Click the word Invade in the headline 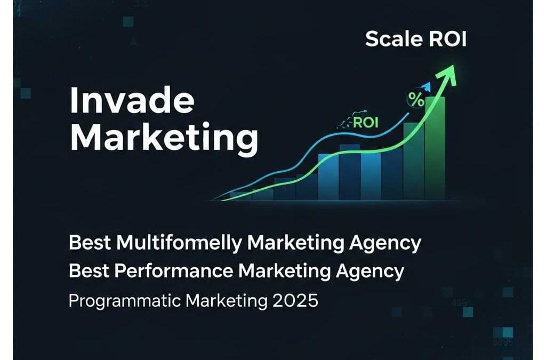pyautogui.click(x=132, y=100)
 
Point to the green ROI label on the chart pyautogui.click(x=365, y=123)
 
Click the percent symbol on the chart pyautogui.click(x=415, y=99)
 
